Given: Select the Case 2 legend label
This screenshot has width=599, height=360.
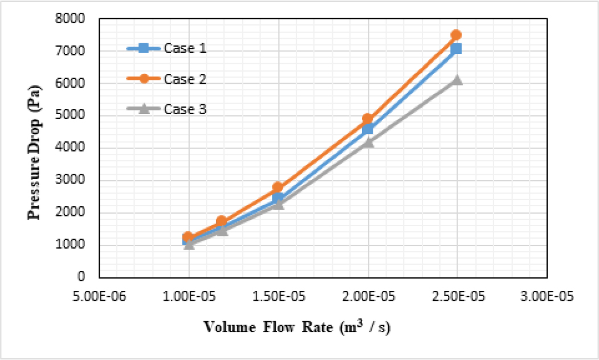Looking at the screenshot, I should click(185, 79).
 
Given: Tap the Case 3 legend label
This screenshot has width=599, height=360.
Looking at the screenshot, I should click(185, 109).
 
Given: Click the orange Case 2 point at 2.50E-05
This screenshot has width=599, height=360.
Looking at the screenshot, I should click(456, 35).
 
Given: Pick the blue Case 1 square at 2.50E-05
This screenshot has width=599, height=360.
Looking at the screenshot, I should click(456, 49).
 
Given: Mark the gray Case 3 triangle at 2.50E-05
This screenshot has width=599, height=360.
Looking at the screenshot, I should click(457, 80).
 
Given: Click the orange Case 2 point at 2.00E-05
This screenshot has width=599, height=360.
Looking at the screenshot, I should click(368, 119).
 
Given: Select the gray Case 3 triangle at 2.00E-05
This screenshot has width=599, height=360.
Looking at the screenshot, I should click(368, 142).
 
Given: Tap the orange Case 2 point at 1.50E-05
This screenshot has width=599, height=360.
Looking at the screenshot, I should click(278, 187).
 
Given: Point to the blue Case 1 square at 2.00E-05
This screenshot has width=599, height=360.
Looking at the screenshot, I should click(368, 129).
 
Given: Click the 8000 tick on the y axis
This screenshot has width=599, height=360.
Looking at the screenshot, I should click(72, 19).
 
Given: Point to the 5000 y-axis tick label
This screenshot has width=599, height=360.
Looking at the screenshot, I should click(72, 116).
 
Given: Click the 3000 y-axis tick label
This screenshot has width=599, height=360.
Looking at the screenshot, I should click(72, 181).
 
